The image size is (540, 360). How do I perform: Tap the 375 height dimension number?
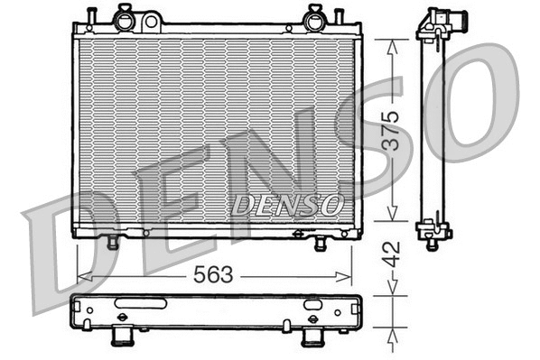pos(387,128)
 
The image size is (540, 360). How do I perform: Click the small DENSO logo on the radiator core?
pos(285,205)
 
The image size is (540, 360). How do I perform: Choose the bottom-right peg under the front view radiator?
pos(321,244)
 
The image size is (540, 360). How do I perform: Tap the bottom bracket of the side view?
pos(434,231)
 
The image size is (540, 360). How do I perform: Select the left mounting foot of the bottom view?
pos(121,337)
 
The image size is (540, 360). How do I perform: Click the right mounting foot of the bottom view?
pos(313,337)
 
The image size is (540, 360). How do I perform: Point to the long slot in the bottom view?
pos(139,303)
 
